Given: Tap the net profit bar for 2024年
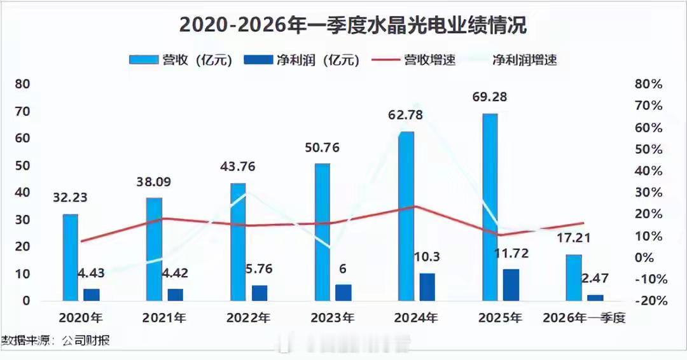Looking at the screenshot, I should click(x=427, y=287).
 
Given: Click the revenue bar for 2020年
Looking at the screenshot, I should click(x=70, y=257).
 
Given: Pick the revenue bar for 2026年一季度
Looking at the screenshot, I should click(x=574, y=277).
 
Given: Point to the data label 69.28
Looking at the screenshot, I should click(x=490, y=98).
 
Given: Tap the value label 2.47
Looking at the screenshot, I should click(x=596, y=278).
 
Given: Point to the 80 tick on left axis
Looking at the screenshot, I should click(x=22, y=84).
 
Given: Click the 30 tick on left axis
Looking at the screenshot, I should click(x=22, y=220).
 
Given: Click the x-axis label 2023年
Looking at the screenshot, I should click(x=333, y=317).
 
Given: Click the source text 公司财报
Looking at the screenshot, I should click(x=86, y=341).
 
